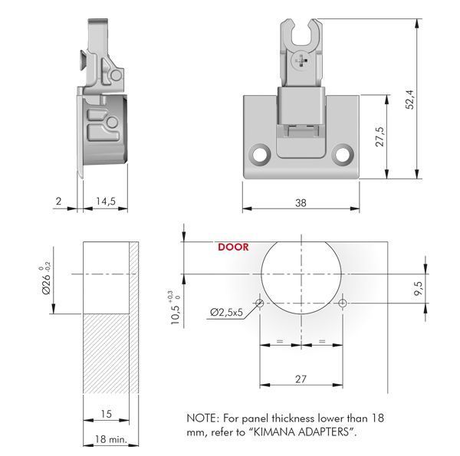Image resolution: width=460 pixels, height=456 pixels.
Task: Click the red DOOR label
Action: click(233, 247)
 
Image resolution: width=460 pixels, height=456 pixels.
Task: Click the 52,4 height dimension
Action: click(410, 100)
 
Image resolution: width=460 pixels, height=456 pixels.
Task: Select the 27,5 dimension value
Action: click(380, 136)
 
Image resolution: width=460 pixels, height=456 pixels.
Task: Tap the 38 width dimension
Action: click(301, 202)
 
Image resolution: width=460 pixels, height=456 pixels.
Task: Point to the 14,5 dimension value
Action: click(106, 201)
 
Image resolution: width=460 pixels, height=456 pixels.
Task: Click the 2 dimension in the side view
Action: click(59, 201)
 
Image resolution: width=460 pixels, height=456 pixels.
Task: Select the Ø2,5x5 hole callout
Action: click(226, 313)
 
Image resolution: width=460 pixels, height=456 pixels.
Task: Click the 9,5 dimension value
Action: click(419, 289)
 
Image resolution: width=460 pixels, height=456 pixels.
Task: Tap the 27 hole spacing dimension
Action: click(301, 379)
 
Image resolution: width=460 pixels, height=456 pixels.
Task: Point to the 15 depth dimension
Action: click(107, 414)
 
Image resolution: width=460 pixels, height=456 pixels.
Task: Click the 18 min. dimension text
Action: click(111, 439)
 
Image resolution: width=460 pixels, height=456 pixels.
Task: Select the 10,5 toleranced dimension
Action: click(176, 308)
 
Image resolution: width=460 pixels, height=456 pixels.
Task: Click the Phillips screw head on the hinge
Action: click(301, 61)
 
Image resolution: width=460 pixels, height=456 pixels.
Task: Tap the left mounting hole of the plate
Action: click(260, 154)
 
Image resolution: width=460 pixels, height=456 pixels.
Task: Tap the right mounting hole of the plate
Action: click(343, 154)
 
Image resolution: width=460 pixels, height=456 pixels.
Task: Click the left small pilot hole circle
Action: click(260, 303)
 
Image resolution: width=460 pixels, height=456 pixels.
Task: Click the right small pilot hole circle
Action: click(343, 303)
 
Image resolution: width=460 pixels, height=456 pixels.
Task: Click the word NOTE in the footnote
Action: click(201, 418)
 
